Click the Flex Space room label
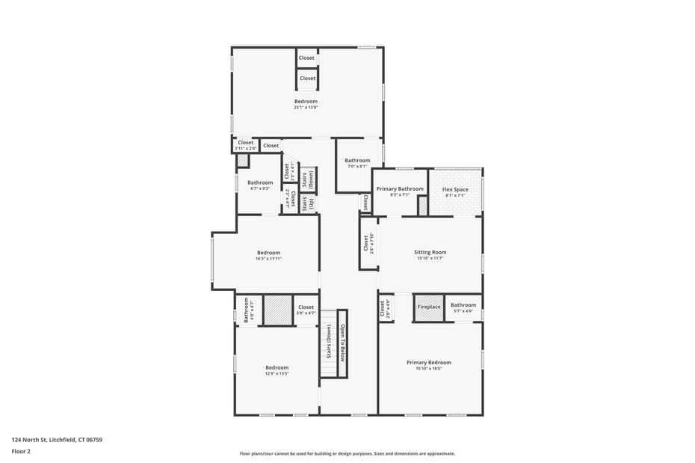455,189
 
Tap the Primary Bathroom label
399,188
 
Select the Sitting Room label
430,252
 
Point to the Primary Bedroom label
428,363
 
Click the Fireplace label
429,307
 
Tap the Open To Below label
342,342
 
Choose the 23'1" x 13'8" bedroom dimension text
306,108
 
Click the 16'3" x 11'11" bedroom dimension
268,259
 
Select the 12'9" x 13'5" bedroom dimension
277,373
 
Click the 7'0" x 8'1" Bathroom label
357,160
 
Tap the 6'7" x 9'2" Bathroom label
260,183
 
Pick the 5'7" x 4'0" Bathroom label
463,305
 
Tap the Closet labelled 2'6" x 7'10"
366,243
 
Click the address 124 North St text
57,440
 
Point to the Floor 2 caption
20,452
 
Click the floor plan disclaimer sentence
347,453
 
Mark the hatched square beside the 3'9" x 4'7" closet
277,310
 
